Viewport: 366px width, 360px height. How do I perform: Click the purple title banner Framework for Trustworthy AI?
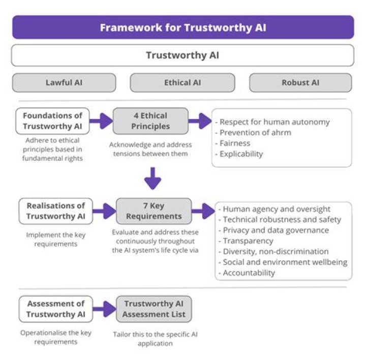pyautogui.click(x=182, y=27)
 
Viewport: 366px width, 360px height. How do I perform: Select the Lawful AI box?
pyautogui.click(x=64, y=82)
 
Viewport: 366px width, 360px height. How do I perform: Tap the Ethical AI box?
pyautogui.click(x=182, y=82)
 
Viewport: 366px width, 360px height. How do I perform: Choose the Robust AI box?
pyautogui.click(x=300, y=82)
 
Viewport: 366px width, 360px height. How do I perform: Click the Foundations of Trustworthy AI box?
pyautogui.click(x=52, y=121)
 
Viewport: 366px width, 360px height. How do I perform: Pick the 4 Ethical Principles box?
pyautogui.click(x=150, y=121)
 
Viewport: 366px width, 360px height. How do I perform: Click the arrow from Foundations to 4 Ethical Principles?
pyautogui.click(x=101, y=121)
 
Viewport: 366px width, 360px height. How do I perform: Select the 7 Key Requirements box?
pyautogui.click(x=154, y=211)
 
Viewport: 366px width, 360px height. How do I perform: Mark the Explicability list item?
pyautogui.click(x=241, y=154)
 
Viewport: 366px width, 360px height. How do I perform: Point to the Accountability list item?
pyautogui.click(x=249, y=273)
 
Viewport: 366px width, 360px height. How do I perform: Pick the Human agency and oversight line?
pyautogui.click(x=277, y=209)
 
